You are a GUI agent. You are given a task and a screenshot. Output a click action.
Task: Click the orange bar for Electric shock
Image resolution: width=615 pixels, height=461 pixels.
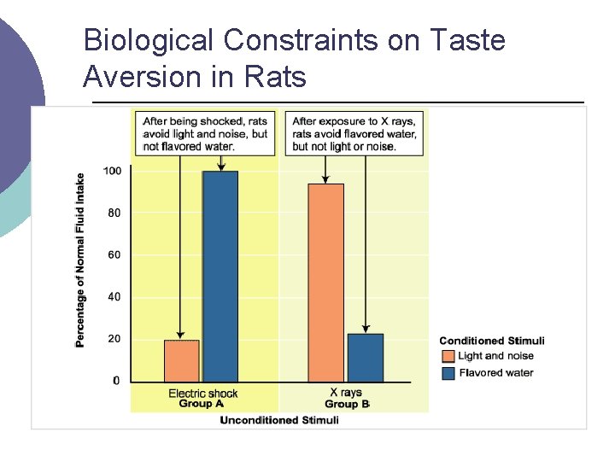point(181,360)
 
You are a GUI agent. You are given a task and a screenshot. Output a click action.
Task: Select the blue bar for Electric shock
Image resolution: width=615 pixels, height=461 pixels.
point(220,276)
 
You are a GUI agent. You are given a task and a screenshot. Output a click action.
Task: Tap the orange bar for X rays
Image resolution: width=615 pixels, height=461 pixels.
point(325,283)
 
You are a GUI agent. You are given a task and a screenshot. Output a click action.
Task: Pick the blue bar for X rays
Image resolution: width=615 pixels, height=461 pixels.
point(366,357)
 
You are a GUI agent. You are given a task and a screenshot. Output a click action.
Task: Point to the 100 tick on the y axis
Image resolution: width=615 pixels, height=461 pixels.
point(113,171)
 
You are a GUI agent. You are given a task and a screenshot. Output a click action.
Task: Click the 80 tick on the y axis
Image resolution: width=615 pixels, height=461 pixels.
point(114,213)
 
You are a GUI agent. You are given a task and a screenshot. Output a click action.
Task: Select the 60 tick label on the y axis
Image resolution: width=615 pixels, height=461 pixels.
point(114,254)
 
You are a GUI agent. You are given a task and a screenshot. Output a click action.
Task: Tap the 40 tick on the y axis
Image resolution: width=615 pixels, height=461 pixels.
point(114,296)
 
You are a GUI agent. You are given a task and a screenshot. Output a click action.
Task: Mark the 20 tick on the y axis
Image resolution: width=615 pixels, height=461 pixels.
point(114,339)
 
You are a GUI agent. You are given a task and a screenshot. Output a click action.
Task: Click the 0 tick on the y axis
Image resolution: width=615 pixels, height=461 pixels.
point(117,381)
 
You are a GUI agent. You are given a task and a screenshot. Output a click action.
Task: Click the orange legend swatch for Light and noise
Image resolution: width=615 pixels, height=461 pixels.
point(448,356)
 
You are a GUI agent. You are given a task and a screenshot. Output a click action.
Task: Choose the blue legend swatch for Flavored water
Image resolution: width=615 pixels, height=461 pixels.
point(448,372)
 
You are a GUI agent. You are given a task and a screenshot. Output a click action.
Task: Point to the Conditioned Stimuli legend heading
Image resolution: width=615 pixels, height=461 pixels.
point(491,341)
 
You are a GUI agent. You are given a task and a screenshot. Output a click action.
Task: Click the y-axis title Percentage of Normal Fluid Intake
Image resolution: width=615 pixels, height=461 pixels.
point(80,260)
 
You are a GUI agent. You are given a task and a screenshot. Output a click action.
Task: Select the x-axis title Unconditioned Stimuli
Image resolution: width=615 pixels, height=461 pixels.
point(279,420)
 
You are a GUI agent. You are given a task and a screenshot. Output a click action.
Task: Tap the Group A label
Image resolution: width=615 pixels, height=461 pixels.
point(202,404)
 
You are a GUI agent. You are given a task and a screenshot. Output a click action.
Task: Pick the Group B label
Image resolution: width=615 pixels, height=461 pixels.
point(347,404)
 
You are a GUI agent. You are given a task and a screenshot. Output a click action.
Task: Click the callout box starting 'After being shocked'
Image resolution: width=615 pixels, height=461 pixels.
point(205,133)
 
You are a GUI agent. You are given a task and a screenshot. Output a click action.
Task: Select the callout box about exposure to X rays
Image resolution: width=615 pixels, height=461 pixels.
point(354,133)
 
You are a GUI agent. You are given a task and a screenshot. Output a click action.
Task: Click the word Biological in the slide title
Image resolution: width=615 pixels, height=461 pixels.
point(149,39)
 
